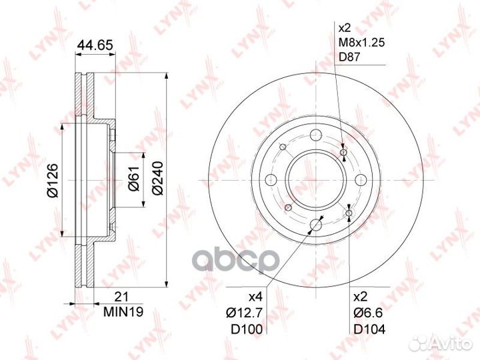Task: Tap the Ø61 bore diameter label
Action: (133, 179)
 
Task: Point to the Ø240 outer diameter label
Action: (157, 179)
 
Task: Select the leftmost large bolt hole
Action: (271, 179)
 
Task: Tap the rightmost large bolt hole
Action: (360, 179)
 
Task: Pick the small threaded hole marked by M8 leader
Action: (343, 154)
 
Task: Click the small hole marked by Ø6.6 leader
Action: (349, 213)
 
